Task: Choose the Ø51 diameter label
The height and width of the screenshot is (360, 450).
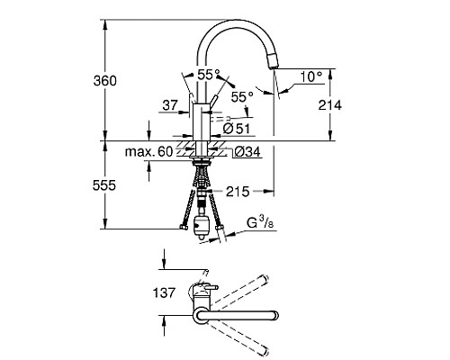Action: tap(236, 129)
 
